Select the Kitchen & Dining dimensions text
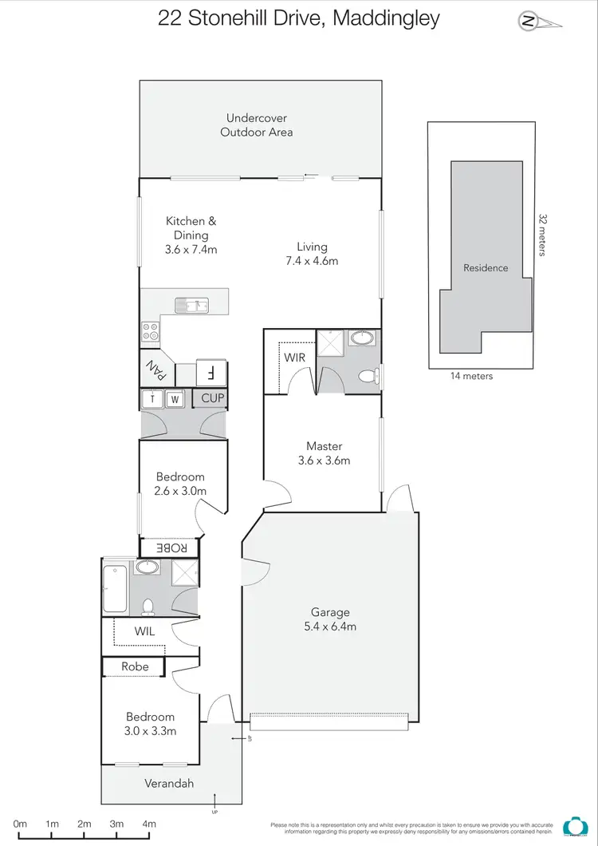coord(191,249)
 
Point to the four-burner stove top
coord(150,330)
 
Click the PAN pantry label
coord(155,370)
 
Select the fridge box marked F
coord(210,372)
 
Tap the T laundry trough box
coord(152,398)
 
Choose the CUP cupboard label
coord(212,397)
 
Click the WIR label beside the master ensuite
coord(294,358)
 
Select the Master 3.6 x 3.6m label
coord(324,453)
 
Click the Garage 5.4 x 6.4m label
coord(329,619)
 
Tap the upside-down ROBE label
coord(171,548)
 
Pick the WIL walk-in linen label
coord(144,631)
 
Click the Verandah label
coord(169,783)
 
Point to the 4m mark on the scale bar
coord(148,824)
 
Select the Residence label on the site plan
coord(486,268)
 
